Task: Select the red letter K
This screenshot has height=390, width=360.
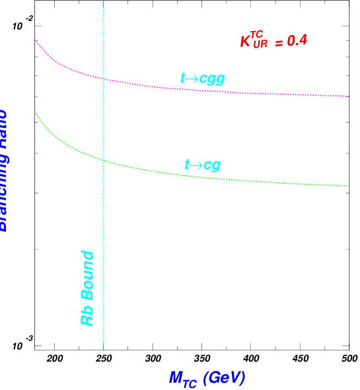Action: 245,42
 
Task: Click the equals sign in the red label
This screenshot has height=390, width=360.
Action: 279,42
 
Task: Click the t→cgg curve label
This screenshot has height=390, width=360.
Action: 202,79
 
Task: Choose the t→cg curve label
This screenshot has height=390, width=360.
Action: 202,165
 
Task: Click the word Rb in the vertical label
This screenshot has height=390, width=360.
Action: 87,314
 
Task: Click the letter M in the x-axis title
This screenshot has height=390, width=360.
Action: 176,377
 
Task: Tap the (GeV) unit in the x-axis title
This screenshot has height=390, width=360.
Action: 224,377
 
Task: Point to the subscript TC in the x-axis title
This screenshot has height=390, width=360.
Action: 190,383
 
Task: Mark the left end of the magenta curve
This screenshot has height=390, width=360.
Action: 35,40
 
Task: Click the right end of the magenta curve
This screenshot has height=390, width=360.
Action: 348,96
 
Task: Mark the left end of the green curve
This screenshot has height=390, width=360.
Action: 35,111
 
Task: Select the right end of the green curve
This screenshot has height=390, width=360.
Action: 348,186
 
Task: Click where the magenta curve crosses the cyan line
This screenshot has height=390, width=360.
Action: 104,79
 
